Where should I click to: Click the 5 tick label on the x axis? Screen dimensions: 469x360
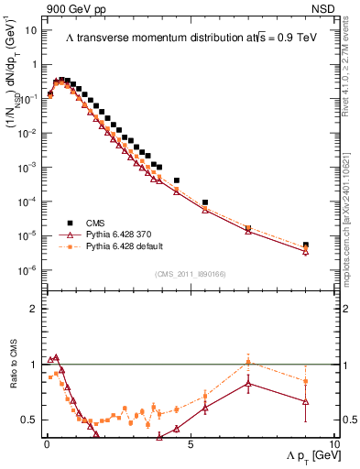[190, 442]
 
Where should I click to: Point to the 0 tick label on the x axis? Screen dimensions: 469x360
[47, 442]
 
